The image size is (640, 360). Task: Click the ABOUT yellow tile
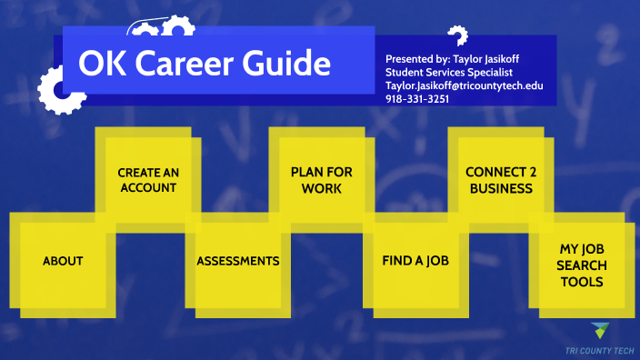point(63,261)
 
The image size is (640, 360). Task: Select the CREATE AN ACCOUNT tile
point(147,180)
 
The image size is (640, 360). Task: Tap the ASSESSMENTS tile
point(238,261)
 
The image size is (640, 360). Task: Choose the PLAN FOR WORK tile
point(321,180)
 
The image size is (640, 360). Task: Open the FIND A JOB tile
point(415,261)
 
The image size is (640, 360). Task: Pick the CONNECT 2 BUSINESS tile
point(499,180)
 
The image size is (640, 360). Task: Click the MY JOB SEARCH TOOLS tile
point(581,264)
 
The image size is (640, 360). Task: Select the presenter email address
point(464,85)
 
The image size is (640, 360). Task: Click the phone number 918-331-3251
point(417,98)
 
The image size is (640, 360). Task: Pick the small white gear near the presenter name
point(458,36)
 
